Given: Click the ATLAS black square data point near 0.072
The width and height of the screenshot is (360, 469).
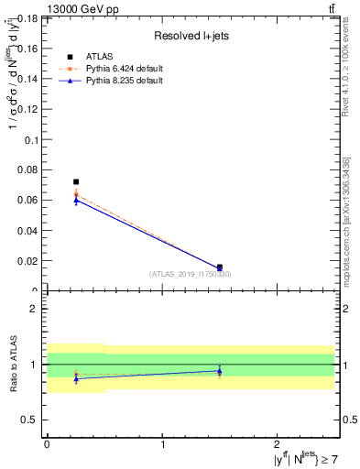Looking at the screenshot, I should (x=76, y=182).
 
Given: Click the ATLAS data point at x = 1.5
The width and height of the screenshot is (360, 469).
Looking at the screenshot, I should (x=220, y=267).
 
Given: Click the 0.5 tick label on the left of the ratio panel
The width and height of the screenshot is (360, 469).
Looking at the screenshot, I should (x=29, y=420).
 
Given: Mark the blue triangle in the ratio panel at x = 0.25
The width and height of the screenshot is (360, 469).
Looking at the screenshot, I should (x=76, y=378).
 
